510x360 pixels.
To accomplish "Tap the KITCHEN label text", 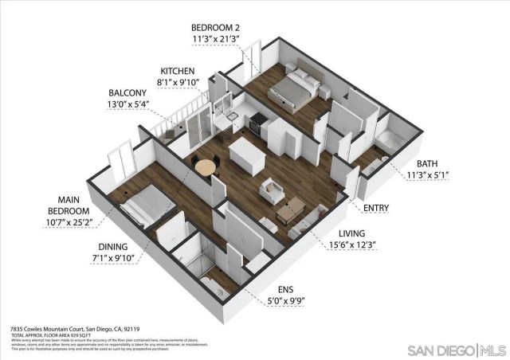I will (x=178, y=70).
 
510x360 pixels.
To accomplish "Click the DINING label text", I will (x=117, y=247).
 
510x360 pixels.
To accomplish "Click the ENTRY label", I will (x=375, y=209).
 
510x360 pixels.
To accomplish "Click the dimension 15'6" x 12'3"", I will (x=352, y=245).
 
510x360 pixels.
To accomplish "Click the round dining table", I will (x=205, y=167).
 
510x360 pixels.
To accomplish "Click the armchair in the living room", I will (x=272, y=191).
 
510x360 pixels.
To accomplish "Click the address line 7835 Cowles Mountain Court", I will (x=75, y=328).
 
